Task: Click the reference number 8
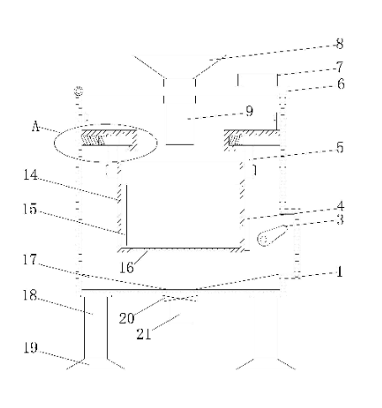pyautogui.click(x=340, y=44)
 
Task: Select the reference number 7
pyautogui.click(x=340, y=66)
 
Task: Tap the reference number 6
pyautogui.click(x=341, y=84)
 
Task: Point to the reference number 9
pyautogui.click(x=249, y=111)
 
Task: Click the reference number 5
pyautogui.click(x=340, y=147)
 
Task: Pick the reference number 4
pyautogui.click(x=340, y=206)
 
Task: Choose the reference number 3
pyautogui.click(x=340, y=220)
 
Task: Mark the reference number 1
pyautogui.click(x=339, y=272)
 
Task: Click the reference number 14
pyautogui.click(x=30, y=175)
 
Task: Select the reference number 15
pyautogui.click(x=30, y=209)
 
